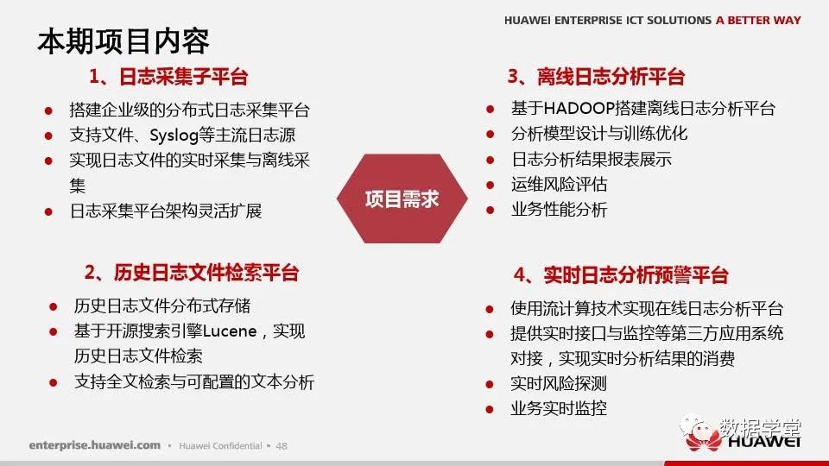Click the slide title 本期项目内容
click(123, 41)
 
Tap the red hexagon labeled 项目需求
click(402, 198)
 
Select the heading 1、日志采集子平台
click(168, 77)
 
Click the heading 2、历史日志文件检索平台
click(192, 273)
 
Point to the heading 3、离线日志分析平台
click(596, 77)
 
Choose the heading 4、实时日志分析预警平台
click(621, 274)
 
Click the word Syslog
click(174, 135)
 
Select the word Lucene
click(230, 331)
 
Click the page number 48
click(282, 446)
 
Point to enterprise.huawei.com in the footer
click(95, 445)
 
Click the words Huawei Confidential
click(220, 446)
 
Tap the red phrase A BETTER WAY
click(758, 20)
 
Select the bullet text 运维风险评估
click(559, 185)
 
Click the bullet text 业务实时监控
click(559, 408)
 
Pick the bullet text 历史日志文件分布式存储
click(162, 305)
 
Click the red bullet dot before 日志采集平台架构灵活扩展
click(48, 212)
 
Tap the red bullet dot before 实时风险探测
click(490, 385)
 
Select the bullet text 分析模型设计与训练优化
click(599, 133)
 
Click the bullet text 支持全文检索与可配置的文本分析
click(194, 382)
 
